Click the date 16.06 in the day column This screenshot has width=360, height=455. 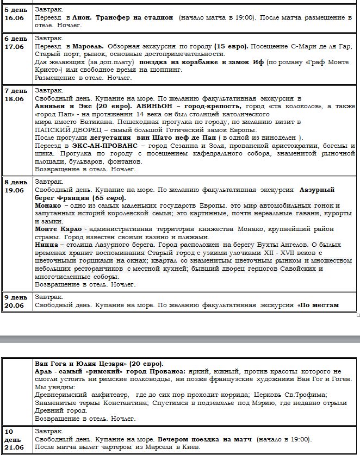coord(14,17)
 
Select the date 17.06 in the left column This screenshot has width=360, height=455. coord(14,47)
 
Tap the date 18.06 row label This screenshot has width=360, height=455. coord(14,98)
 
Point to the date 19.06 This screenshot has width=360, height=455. coord(14,190)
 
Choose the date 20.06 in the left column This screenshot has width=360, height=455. coord(14,305)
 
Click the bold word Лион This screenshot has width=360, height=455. coord(83,18)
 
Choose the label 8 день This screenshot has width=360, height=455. coord(16,182)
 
